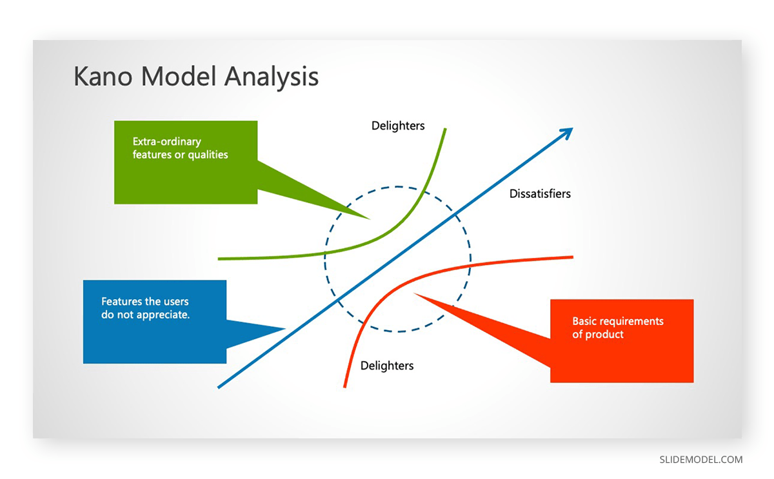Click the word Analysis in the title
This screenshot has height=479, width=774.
[272, 77]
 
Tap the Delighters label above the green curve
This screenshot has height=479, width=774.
[398, 126]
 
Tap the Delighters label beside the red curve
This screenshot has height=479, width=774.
[387, 366]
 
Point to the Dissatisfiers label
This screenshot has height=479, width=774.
[540, 193]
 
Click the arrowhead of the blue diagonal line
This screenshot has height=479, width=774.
[567, 132]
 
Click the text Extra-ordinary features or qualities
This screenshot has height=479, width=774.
[180, 148]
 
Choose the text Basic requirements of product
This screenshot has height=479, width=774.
[617, 328]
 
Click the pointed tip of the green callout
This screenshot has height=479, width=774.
[369, 219]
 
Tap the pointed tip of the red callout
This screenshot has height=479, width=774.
[415, 295]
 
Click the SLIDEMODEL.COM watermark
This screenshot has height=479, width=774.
[700, 460]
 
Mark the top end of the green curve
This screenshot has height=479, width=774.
[445, 130]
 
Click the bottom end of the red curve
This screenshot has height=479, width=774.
[345, 386]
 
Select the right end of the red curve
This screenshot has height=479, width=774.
[571, 257]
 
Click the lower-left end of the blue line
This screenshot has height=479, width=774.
[219, 387]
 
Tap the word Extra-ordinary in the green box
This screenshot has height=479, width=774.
[167, 142]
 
